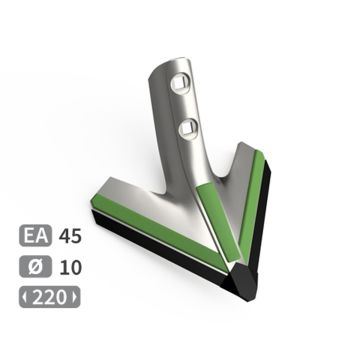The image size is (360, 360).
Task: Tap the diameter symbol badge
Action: click(x=34, y=268)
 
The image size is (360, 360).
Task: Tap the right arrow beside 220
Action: click(x=72, y=298)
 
